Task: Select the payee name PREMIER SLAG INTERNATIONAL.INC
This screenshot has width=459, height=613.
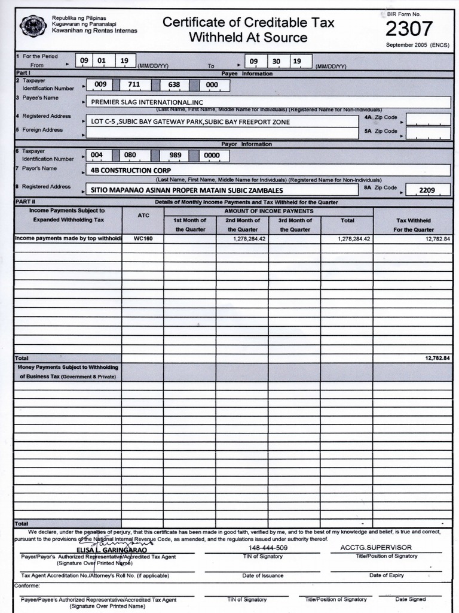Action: tap(147, 102)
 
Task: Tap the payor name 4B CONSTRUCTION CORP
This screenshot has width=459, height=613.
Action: tap(128, 170)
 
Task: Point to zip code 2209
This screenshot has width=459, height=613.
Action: tap(427, 190)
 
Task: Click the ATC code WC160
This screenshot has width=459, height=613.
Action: tap(143, 238)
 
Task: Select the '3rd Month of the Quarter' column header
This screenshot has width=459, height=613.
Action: tap(295, 224)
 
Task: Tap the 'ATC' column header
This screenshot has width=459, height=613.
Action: tap(143, 216)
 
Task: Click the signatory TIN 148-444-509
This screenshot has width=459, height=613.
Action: tap(268, 548)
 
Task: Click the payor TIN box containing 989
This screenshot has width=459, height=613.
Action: tap(175, 155)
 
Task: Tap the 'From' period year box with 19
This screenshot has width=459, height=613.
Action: tap(124, 60)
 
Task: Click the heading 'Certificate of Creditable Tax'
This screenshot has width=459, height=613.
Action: tap(248, 23)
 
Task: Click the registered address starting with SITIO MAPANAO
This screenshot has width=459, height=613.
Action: tap(186, 190)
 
